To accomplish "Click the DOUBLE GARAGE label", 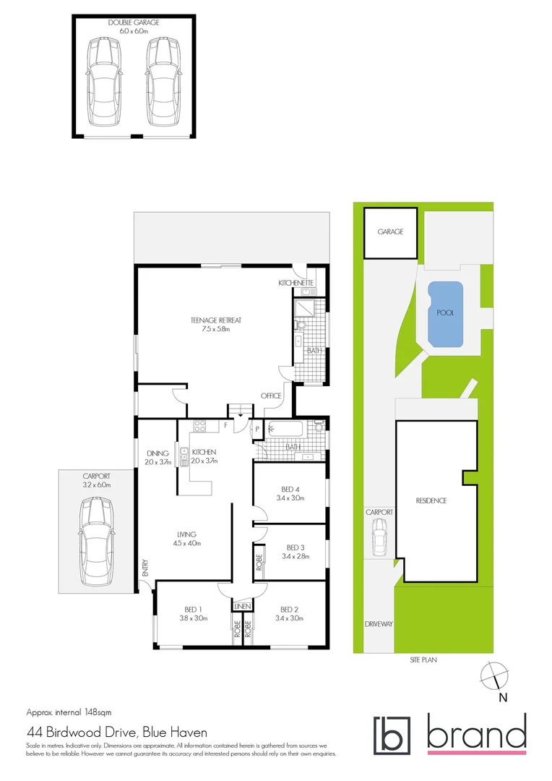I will pyautogui.click(x=134, y=22).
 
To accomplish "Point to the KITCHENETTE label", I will pyautogui.click(x=296, y=282).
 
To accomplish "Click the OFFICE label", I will pyautogui.click(x=271, y=396).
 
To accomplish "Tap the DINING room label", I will pyautogui.click(x=157, y=453).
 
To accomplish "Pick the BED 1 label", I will pyautogui.click(x=191, y=609).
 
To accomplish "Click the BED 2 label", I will pyautogui.click(x=290, y=609).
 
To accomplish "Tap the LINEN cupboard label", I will pyautogui.click(x=242, y=605).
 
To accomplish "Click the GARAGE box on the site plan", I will pyautogui.click(x=390, y=232).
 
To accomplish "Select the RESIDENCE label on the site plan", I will pyautogui.click(x=431, y=500).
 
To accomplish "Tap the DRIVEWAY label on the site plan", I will pyautogui.click(x=378, y=623).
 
